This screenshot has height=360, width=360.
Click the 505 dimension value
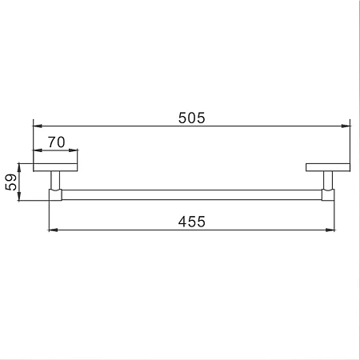pos(192,118)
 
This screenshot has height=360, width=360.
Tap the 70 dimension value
pos(56,142)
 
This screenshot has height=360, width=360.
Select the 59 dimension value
pos(11,182)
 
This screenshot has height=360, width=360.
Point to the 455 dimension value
pos(192,222)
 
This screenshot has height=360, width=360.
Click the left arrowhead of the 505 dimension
pos(38,126)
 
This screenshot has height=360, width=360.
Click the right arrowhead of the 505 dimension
pos(346,126)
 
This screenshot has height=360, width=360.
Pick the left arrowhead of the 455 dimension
pos(54,230)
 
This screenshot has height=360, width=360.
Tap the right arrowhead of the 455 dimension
pos(330,230)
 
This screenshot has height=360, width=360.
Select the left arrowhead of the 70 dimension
pos(38,150)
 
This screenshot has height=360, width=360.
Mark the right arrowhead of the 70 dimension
pos(73,150)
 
